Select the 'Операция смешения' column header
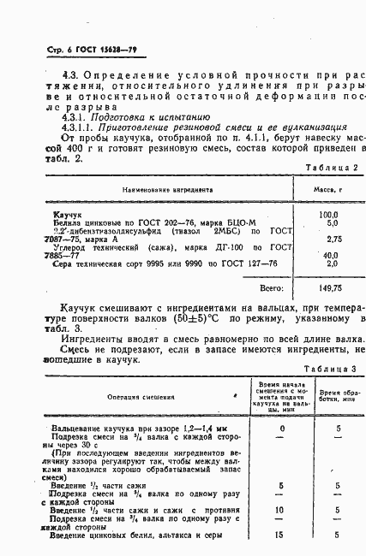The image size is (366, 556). click(135, 396)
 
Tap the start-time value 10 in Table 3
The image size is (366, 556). click(281, 510)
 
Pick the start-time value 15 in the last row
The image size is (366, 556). click(281, 535)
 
